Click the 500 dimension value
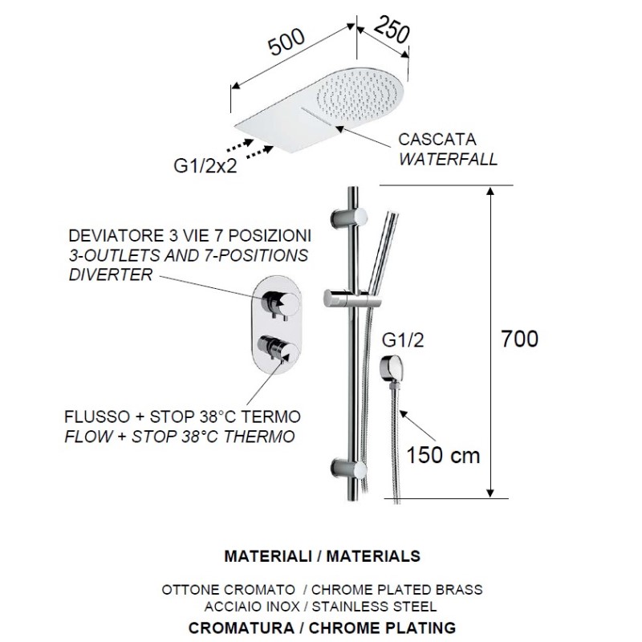click(286, 42)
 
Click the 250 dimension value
click(392, 30)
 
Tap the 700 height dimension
click(519, 339)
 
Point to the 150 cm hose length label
click(443, 455)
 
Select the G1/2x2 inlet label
click(205, 166)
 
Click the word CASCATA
click(437, 140)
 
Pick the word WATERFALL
click(448, 159)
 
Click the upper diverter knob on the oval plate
click(280, 305)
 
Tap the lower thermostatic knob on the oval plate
click(277, 348)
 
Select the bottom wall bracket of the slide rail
click(348, 468)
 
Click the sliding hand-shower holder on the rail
click(352, 298)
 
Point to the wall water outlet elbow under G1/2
click(394, 368)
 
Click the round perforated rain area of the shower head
click(360, 93)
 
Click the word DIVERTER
click(111, 274)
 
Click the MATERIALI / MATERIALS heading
click(323, 556)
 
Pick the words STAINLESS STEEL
click(374, 607)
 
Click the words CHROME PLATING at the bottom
click(383, 628)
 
